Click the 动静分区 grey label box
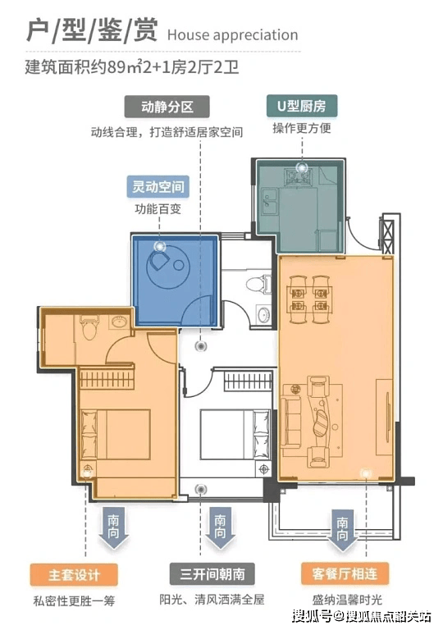click(167, 107)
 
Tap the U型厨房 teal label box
click(302, 106)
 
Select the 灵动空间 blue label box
click(158, 186)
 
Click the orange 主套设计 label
click(74, 574)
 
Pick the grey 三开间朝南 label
click(212, 573)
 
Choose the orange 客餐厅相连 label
click(345, 573)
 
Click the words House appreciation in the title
click(232, 35)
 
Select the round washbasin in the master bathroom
click(120, 322)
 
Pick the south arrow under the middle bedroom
click(220, 528)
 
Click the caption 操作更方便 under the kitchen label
click(302, 128)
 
